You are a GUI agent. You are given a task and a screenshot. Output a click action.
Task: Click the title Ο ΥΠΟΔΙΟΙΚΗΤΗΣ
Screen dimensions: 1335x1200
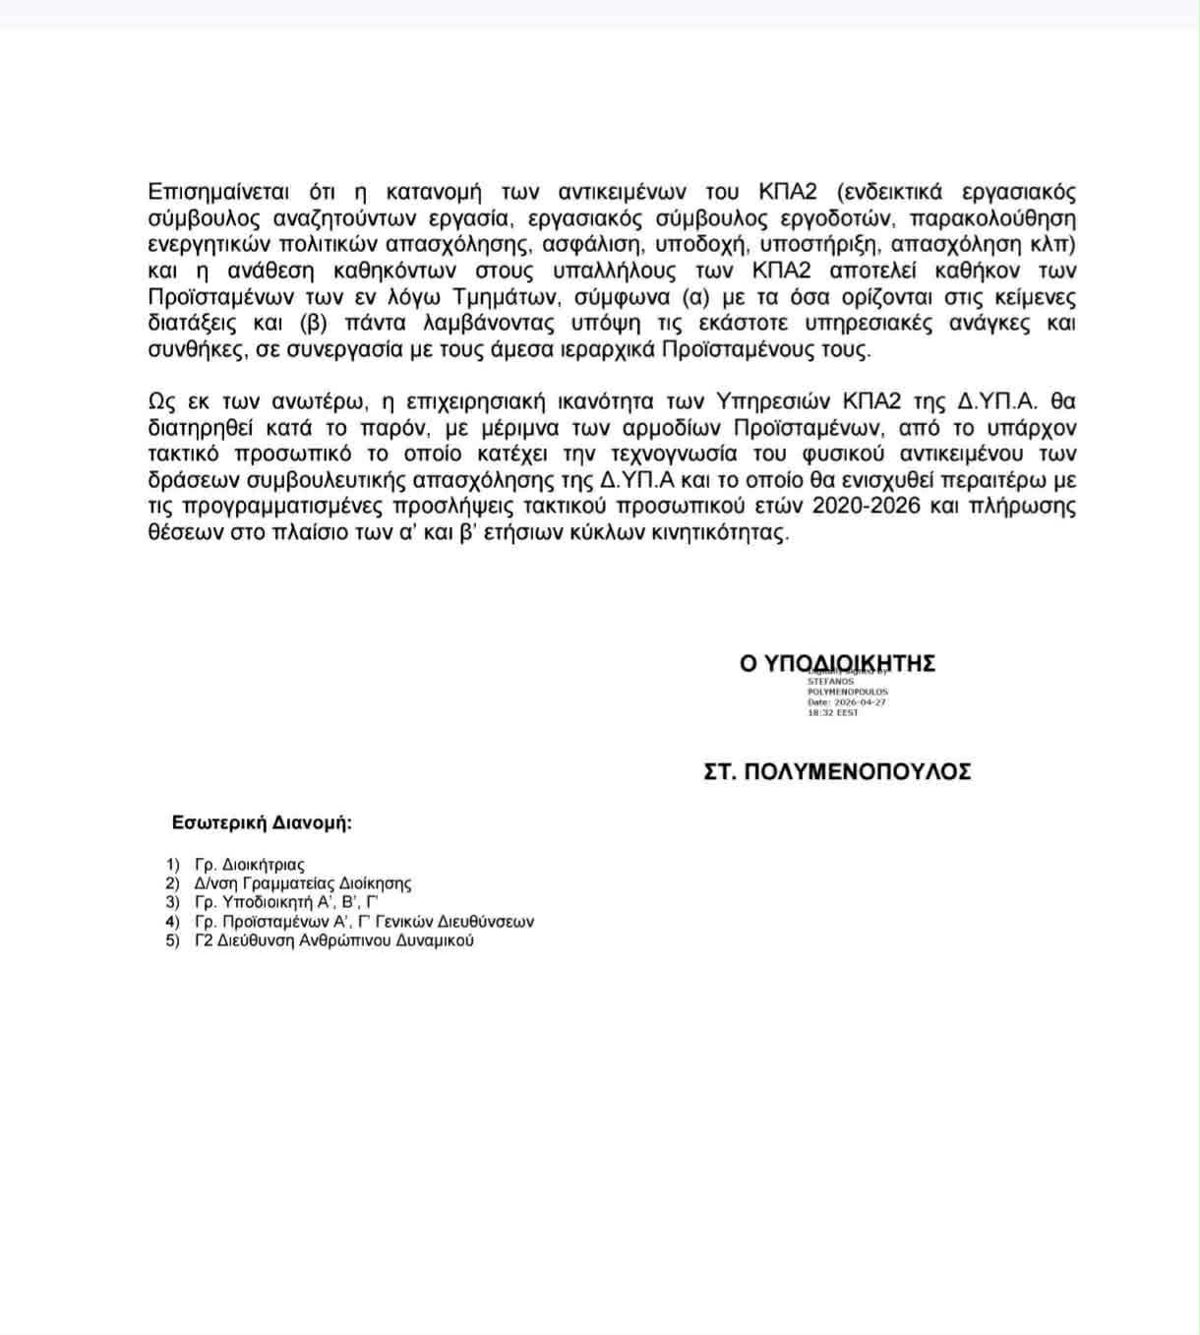837,664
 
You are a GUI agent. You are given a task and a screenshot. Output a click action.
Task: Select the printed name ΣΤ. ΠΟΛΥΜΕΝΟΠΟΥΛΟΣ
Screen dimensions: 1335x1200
837,772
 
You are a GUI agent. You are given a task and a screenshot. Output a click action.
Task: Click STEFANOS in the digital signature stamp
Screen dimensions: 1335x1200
831,681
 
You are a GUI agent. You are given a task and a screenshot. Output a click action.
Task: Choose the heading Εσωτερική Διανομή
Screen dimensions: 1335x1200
262,823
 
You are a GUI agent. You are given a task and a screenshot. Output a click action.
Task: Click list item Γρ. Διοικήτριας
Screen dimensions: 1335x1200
250,865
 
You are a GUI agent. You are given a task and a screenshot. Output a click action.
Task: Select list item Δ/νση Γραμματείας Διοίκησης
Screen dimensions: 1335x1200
302,883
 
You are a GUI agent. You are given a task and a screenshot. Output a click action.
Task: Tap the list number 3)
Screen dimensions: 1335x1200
173,902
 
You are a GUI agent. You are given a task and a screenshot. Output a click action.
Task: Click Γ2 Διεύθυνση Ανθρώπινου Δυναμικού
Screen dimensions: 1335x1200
333,941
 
